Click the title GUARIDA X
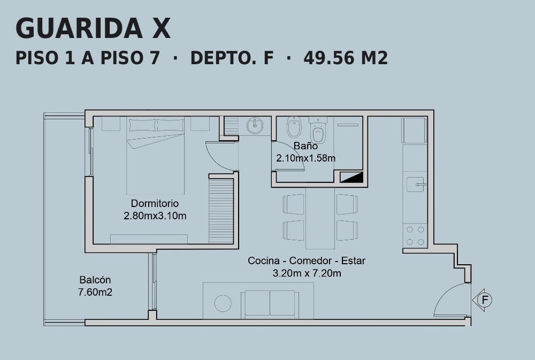point(93,28)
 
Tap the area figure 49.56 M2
point(346,58)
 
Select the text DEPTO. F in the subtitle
point(232,58)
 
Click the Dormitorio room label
point(155,203)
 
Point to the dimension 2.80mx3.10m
point(155,216)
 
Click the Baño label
point(305,145)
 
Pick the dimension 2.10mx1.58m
point(305,158)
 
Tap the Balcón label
point(95,280)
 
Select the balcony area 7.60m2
point(95,293)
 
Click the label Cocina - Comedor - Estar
point(307,261)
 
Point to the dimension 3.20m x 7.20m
point(307,273)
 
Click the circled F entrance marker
point(485,300)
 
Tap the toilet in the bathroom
point(318,130)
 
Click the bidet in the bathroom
point(294,127)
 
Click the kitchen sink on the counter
point(416,184)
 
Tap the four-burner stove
point(415,235)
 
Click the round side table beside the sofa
point(223,303)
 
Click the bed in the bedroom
point(156,156)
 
